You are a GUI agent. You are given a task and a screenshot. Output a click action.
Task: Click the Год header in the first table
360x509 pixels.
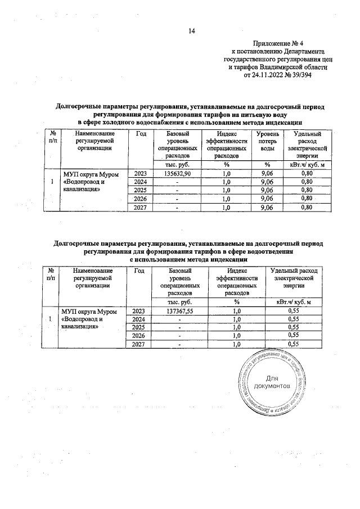pos(141,134)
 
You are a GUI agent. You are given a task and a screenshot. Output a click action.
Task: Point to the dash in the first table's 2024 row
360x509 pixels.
pos(177,182)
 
